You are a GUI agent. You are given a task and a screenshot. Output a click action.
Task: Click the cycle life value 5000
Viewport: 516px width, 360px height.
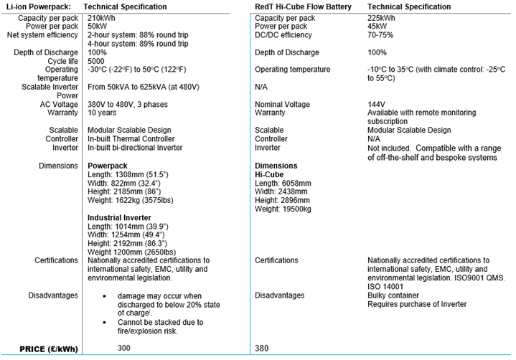[x=97, y=61]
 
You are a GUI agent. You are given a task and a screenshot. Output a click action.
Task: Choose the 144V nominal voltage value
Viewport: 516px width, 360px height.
[x=376, y=104]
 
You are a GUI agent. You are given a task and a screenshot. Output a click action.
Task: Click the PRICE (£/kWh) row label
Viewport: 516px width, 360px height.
[x=42, y=349]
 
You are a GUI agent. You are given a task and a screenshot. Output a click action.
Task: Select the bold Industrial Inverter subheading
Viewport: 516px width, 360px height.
[x=118, y=217]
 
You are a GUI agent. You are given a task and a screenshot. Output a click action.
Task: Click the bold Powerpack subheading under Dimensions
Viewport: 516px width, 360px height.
[x=107, y=165]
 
